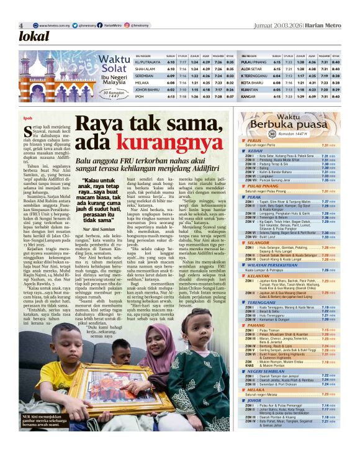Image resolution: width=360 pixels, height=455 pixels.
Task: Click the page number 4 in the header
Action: tap(21, 25)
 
